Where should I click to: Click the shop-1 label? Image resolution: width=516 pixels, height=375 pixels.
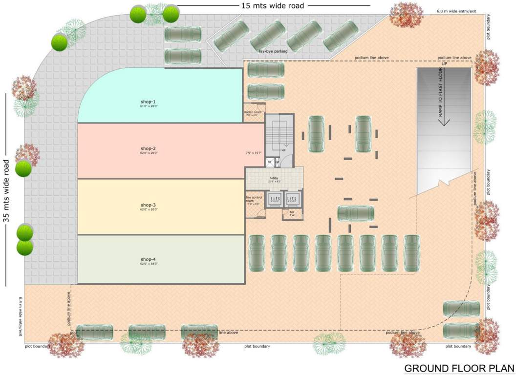(147, 102)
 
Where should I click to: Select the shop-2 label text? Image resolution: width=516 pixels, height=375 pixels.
(148, 148)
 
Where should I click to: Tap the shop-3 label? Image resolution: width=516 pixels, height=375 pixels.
(148, 205)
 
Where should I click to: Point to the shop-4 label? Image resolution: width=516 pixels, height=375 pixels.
(148, 259)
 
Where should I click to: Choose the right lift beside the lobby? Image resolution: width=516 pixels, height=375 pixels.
(292, 199)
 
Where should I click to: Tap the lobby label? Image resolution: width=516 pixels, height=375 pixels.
(274, 179)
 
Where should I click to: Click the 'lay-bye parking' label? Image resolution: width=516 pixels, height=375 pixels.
(273, 51)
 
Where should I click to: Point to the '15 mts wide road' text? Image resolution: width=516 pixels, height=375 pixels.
(273, 6)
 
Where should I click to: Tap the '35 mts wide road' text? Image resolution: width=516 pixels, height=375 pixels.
(7, 190)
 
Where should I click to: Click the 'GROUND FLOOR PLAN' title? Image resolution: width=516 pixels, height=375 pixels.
(459, 367)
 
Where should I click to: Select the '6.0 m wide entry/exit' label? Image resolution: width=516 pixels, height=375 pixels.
(456, 11)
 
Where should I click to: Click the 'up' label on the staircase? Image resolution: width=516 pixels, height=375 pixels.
(282, 150)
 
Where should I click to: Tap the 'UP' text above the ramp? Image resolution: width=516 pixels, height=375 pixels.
(444, 64)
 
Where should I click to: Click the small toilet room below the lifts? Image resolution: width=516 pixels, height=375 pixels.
(292, 213)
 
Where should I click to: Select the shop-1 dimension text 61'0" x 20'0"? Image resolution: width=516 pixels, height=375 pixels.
(147, 106)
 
